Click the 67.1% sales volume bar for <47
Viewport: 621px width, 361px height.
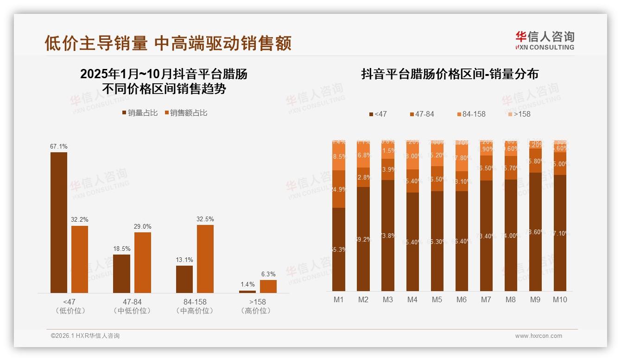pos(59,222)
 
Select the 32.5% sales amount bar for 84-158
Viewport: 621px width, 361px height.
pos(205,259)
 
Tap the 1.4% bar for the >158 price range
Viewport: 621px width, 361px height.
pos(247,292)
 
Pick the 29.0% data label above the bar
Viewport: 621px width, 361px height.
pos(143,227)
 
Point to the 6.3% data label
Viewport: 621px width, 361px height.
pos(268,274)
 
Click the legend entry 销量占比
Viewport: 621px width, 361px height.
pos(140,113)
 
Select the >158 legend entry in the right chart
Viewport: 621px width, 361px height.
pos(519,114)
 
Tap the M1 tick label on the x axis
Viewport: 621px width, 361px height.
pos(339,300)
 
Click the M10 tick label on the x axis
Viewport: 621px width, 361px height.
pos(560,300)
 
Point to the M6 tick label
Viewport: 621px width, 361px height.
pos(461,300)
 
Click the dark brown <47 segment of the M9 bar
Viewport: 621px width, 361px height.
pos(535,231)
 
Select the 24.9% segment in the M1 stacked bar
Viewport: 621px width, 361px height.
pos(339,189)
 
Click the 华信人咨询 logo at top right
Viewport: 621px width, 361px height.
pos(545,40)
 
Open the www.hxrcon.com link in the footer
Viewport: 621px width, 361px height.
pos(539,336)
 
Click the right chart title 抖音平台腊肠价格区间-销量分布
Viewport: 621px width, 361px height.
pos(450,75)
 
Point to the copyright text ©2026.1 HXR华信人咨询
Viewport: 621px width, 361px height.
pos(85,336)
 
